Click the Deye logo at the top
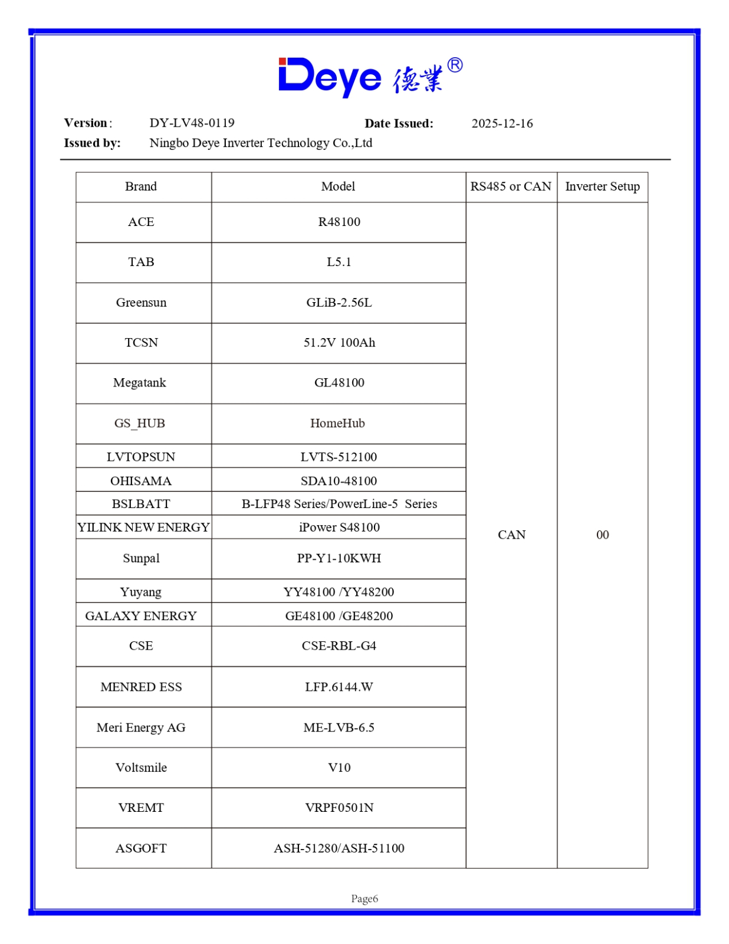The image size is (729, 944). [x=370, y=77]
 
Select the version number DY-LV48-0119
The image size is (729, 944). [x=192, y=123]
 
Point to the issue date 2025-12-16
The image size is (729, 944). [x=502, y=123]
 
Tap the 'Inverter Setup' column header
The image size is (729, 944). [x=602, y=186]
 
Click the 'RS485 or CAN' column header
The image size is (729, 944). [x=511, y=186]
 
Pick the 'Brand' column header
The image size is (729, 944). [x=141, y=186]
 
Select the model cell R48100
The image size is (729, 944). [x=339, y=222]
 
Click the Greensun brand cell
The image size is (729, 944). [x=141, y=303]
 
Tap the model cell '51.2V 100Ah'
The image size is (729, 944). [x=339, y=343]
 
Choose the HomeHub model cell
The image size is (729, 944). [x=337, y=423]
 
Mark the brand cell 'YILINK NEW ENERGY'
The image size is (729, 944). [x=143, y=527]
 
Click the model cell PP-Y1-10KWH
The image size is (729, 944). [x=339, y=558]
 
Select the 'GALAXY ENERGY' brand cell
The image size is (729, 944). [x=141, y=616]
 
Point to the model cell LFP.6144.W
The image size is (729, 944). [x=339, y=687]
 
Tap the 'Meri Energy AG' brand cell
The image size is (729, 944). [x=141, y=727]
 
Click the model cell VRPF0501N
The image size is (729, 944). [x=339, y=808]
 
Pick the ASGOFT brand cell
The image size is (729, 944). [x=141, y=848]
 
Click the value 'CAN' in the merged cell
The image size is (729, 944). [x=511, y=535]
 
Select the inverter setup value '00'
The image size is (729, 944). [x=602, y=535]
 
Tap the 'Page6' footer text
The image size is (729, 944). [x=364, y=899]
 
